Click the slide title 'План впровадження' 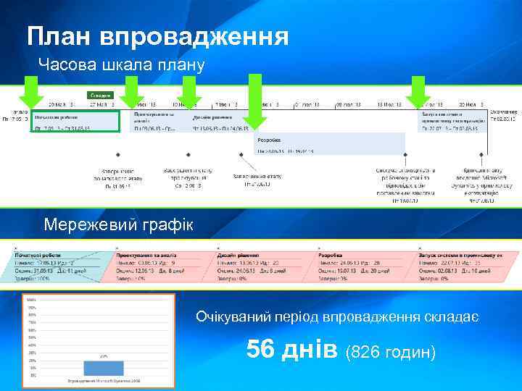coord(157,35)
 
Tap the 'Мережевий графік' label coord(118,224)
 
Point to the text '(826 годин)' coord(391,352)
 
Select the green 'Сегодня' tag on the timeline coord(100,95)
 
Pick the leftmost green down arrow coord(30,96)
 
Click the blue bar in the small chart coord(104,366)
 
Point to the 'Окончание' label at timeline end coord(503,112)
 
